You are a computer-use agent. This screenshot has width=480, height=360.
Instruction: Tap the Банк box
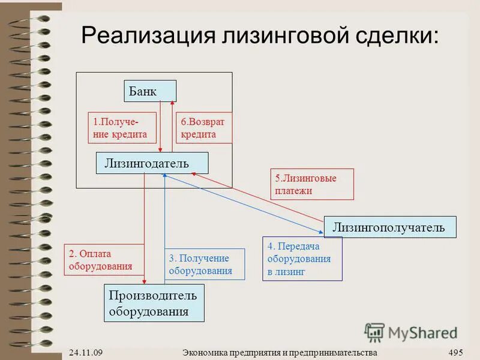tap(149, 92)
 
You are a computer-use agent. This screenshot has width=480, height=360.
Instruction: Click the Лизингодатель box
tap(152, 163)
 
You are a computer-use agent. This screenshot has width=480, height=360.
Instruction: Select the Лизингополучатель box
tap(389, 227)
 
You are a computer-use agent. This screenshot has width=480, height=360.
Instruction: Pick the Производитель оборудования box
tap(154, 303)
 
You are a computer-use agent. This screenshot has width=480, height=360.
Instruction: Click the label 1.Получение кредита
tap(122, 128)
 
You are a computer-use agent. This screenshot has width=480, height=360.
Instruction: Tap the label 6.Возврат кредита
tap(203, 128)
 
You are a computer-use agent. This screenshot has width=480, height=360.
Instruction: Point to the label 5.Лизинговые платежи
tap(311, 184)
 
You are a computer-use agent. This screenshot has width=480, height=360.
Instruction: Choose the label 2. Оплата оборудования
tap(104, 260)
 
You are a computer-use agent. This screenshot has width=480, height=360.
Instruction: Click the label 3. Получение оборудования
tap(205, 265)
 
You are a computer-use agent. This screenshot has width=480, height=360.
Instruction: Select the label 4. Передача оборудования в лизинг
tap(302, 259)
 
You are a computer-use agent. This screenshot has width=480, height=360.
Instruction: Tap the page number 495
tap(456, 352)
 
